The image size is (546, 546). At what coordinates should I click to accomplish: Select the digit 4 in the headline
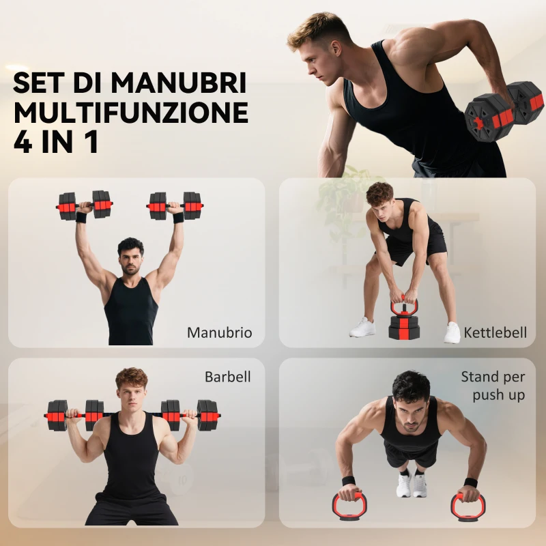click(x=23, y=142)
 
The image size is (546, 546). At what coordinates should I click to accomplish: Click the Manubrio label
click(x=219, y=333)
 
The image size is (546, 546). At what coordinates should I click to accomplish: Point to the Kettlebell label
click(x=495, y=333)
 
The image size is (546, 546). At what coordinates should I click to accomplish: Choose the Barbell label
click(x=227, y=377)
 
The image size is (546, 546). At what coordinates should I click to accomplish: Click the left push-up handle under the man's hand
click(x=350, y=506)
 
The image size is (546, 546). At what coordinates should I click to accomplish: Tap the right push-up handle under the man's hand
click(x=468, y=506)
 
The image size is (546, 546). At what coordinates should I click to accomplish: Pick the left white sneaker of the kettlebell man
click(x=362, y=328)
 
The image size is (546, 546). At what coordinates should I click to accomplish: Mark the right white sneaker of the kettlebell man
click(x=452, y=332)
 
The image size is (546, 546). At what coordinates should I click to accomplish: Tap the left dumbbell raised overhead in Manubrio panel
click(x=85, y=205)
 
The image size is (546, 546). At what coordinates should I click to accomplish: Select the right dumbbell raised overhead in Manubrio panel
click(x=175, y=204)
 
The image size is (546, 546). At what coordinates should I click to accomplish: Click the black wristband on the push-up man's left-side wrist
click(x=349, y=480)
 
